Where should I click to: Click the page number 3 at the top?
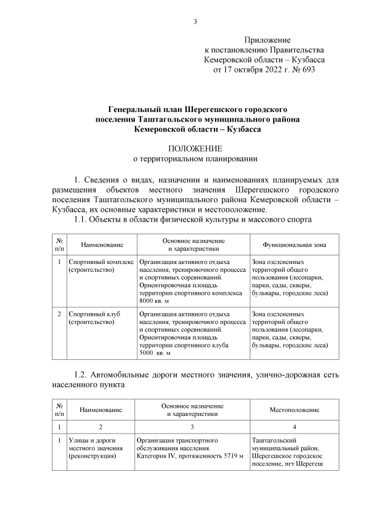(x=195, y=22)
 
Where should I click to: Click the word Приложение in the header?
(x=267, y=40)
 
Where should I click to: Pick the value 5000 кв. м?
(x=154, y=353)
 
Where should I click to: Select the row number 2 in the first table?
(x=60, y=314)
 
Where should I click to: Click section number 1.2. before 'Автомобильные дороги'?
(x=85, y=375)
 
